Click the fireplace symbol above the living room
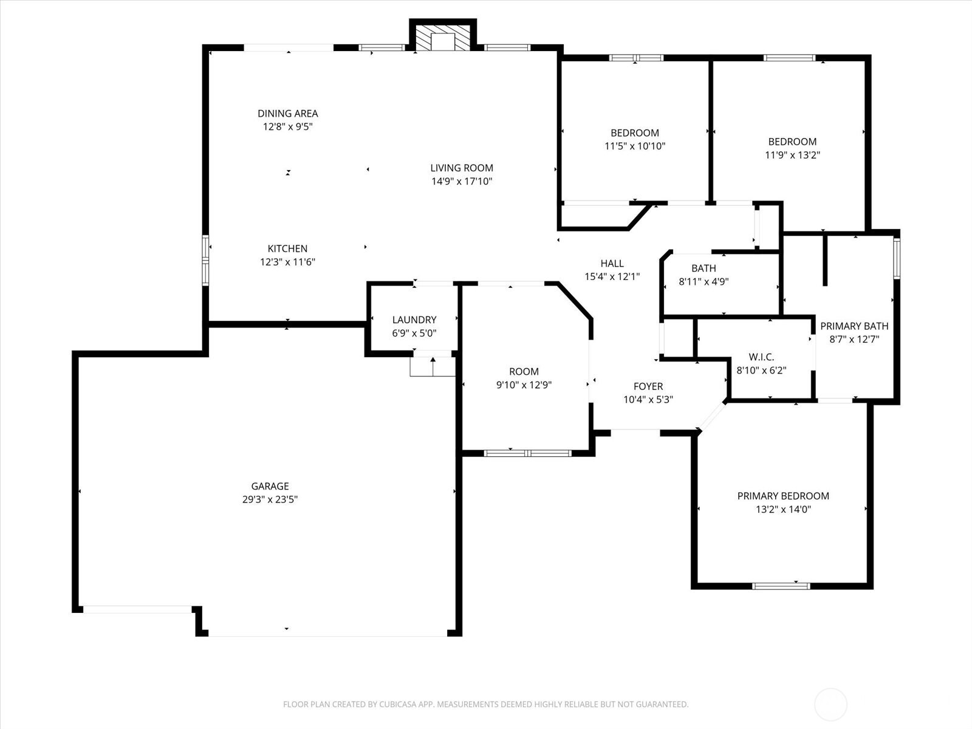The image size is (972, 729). (443, 38)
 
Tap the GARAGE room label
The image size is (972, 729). (270, 486)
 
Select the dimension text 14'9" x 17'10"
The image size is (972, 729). (462, 181)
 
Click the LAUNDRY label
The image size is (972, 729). (414, 320)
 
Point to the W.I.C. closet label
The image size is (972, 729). (761, 357)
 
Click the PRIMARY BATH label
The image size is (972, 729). (854, 326)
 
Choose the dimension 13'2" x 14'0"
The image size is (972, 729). (783, 510)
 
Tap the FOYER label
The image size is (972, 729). (648, 386)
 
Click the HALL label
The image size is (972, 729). (612, 263)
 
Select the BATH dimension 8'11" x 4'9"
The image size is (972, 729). (703, 281)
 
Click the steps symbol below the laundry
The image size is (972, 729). (433, 367)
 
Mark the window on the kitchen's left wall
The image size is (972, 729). (206, 261)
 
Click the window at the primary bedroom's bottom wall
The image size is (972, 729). (781, 586)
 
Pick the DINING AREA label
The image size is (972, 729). (287, 113)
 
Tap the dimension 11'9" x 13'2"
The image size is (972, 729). (792, 155)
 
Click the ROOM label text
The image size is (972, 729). (524, 371)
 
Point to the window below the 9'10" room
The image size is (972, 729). (527, 453)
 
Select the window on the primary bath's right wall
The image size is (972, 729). (896, 259)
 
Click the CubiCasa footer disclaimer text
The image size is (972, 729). (485, 705)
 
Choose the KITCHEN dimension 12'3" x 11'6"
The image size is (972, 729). (287, 262)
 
